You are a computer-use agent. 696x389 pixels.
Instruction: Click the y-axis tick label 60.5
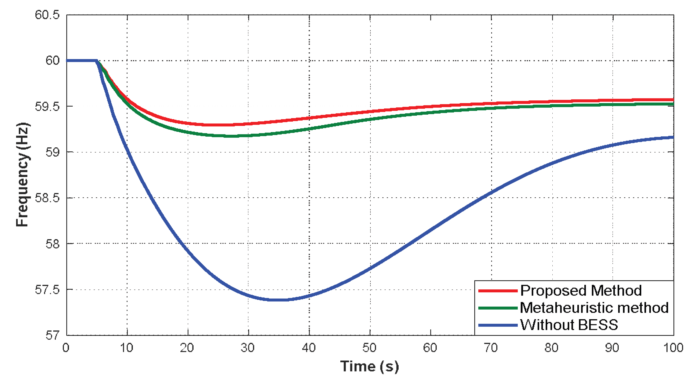point(47,15)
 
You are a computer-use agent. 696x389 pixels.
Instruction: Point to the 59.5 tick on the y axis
point(47,107)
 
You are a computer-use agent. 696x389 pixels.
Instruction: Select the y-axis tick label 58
point(52,244)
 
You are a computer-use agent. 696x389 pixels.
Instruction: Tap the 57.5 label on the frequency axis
point(47,290)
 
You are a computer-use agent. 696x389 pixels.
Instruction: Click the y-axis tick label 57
point(52,336)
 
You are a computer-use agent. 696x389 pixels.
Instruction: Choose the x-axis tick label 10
point(126,348)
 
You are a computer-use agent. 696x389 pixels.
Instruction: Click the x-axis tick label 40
point(309,348)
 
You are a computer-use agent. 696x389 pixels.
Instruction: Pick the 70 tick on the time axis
point(491,348)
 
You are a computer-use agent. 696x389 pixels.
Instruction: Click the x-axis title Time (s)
point(369,366)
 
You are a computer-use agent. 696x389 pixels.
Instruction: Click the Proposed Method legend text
point(581,291)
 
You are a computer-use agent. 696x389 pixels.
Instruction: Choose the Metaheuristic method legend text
point(594,308)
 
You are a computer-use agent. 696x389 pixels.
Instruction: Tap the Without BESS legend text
point(569,325)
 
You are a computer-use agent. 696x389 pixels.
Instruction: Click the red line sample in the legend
point(498,291)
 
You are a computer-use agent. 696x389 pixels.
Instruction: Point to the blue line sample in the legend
point(498,325)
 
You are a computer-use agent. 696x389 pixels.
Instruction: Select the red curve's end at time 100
point(673,100)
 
